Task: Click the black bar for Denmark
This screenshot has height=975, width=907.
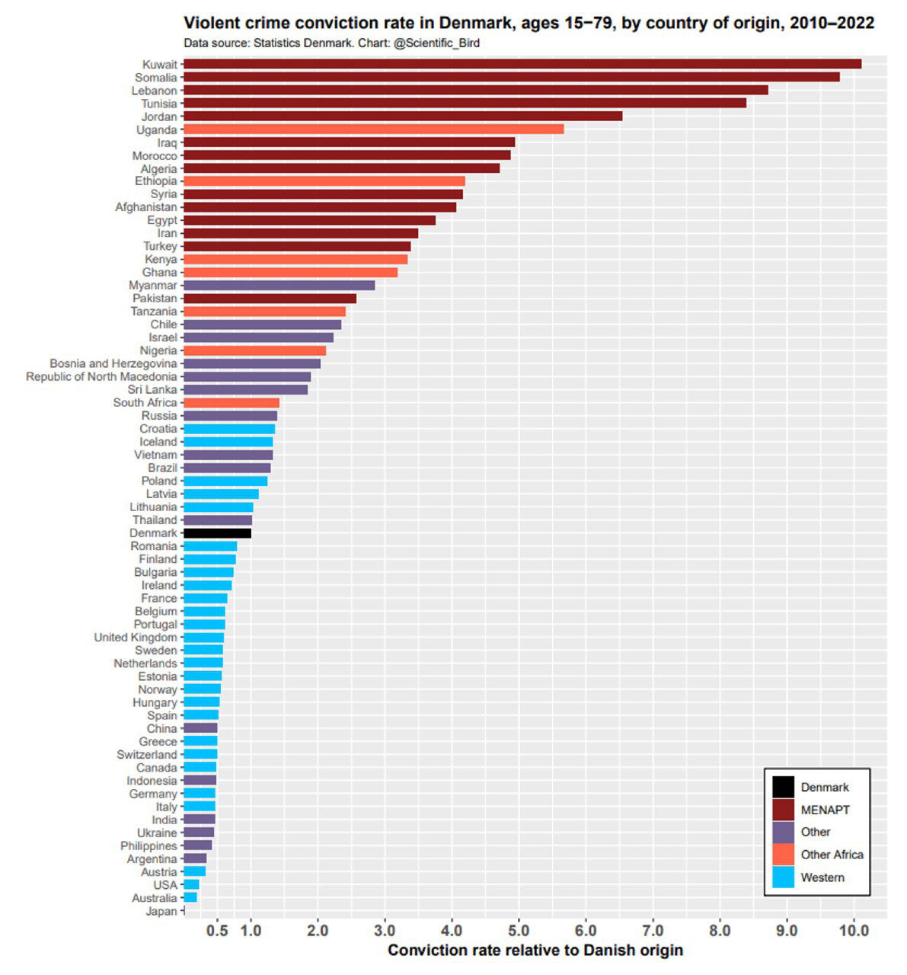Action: click(x=217, y=533)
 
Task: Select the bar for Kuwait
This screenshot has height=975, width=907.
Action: click(x=522, y=64)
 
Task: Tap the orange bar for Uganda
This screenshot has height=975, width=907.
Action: click(x=373, y=129)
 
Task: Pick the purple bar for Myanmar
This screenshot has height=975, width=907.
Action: click(x=279, y=286)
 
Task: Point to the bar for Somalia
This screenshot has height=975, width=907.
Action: click(x=511, y=77)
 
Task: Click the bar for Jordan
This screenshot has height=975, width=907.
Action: click(x=403, y=117)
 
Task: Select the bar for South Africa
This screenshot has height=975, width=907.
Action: click(x=232, y=403)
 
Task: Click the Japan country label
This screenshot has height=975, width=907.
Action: click(x=161, y=911)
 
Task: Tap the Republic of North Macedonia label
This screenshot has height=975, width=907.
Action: click(x=101, y=377)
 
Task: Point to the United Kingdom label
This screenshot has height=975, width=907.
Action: click(x=135, y=638)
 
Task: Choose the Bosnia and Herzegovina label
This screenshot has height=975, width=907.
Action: click(x=113, y=364)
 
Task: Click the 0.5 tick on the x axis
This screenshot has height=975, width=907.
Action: click(x=217, y=931)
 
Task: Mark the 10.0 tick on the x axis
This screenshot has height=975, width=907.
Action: click(x=854, y=931)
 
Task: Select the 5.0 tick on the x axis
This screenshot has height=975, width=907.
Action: click(x=519, y=931)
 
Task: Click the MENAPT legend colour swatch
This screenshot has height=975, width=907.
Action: click(x=783, y=810)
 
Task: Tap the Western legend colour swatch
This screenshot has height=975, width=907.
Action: click(x=783, y=877)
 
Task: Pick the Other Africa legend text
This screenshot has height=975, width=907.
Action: click(x=832, y=855)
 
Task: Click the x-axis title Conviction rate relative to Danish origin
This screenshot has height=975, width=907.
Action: click(x=535, y=951)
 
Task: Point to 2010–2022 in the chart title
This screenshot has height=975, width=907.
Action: click(x=832, y=24)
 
